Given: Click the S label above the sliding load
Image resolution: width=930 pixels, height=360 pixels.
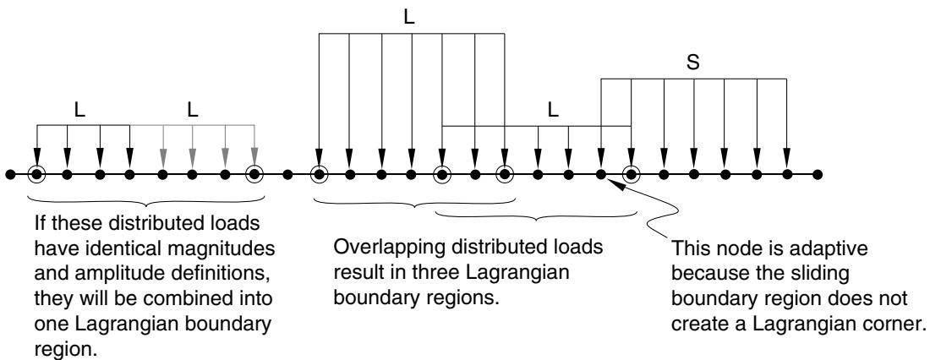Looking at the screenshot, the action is (x=692, y=63).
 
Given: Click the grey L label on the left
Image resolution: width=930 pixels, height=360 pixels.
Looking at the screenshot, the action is (x=192, y=111).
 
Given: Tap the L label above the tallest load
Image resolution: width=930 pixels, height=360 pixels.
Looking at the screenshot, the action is (x=408, y=17).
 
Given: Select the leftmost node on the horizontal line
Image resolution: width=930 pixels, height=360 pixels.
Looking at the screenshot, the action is (x=10, y=174).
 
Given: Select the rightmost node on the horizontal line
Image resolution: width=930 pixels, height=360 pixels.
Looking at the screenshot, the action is (x=818, y=174).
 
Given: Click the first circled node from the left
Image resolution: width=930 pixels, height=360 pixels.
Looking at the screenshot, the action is (x=36, y=174).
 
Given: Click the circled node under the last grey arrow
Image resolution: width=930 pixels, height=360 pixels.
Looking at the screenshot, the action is (x=254, y=174).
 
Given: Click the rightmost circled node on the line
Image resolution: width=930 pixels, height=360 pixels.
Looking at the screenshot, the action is (x=632, y=174).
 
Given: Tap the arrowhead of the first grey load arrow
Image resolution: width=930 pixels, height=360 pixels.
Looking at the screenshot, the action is (x=162, y=157).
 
